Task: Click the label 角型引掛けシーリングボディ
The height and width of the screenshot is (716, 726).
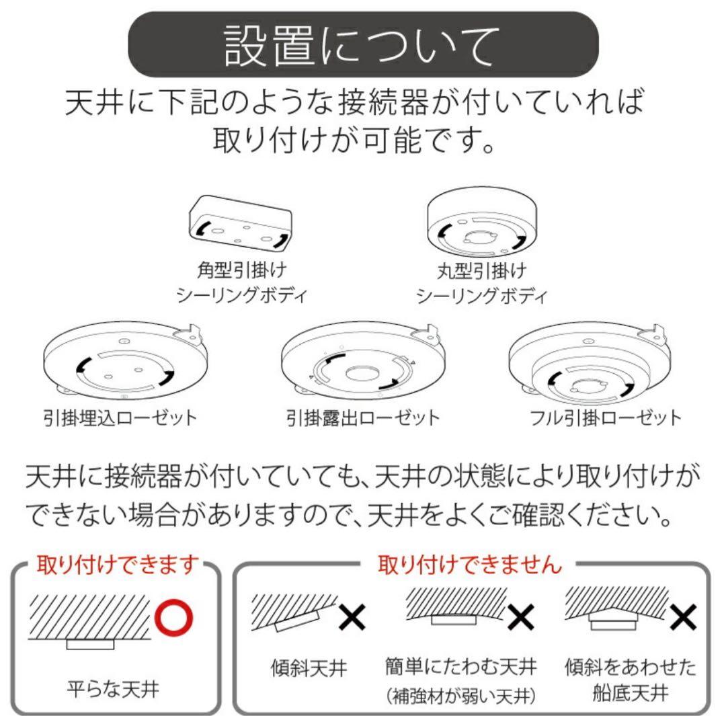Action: point(241,282)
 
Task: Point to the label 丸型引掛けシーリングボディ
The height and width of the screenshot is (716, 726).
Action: point(481,282)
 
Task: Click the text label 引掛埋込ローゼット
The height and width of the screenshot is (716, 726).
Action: point(120,417)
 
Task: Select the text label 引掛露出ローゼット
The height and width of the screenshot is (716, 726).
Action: point(363,417)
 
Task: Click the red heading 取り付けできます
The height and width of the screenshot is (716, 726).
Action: point(118,563)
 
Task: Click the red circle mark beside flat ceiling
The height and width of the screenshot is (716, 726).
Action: point(173,616)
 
